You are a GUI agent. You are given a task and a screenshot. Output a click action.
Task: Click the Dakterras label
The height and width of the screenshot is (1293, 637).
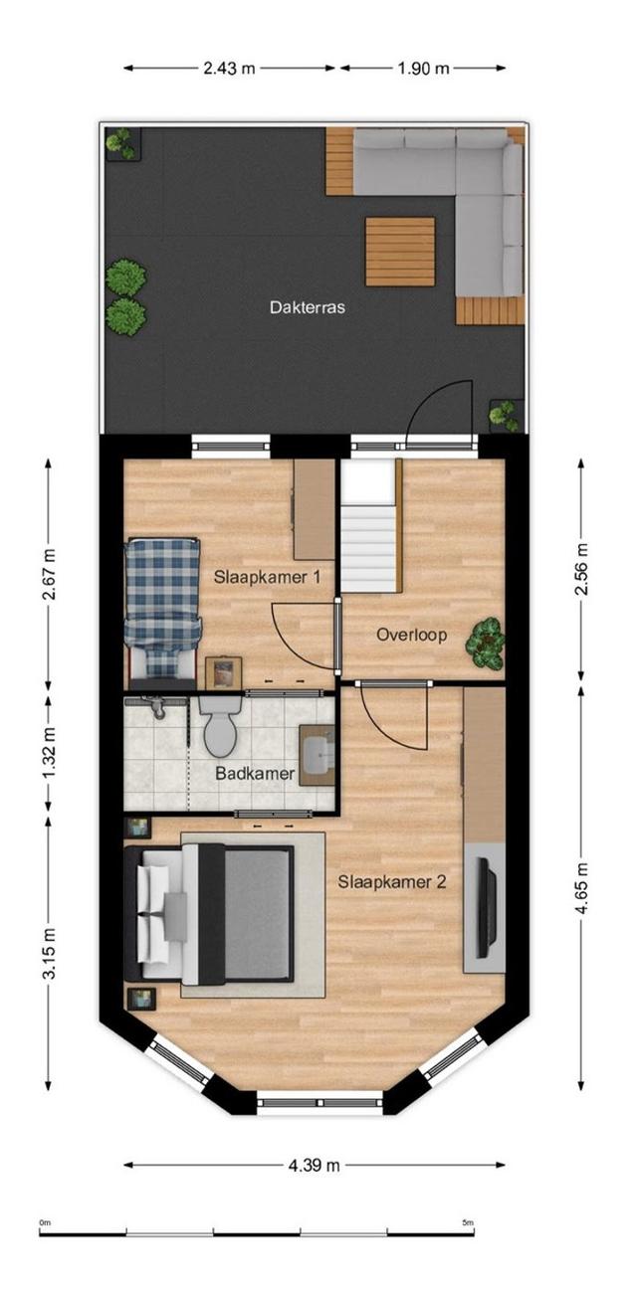[x=308, y=306]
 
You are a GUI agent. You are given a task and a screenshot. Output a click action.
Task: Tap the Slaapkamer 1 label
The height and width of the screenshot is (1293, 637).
[x=267, y=577]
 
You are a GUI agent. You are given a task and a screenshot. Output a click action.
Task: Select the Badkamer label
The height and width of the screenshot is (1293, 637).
[x=255, y=774]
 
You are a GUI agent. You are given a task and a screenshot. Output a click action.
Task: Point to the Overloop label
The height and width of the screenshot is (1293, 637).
[x=412, y=635]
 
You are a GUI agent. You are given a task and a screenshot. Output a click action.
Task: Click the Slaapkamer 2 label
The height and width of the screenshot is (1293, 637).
[x=392, y=882]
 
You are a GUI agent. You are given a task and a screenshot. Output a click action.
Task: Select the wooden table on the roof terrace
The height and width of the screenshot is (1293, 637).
[x=400, y=252]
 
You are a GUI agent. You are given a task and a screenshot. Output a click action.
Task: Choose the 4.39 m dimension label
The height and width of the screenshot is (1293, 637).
[x=315, y=1165]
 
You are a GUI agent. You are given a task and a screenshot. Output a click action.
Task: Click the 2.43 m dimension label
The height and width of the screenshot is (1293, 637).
[x=229, y=68]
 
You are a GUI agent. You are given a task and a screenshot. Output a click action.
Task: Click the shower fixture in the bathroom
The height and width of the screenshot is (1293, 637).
[x=152, y=705]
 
